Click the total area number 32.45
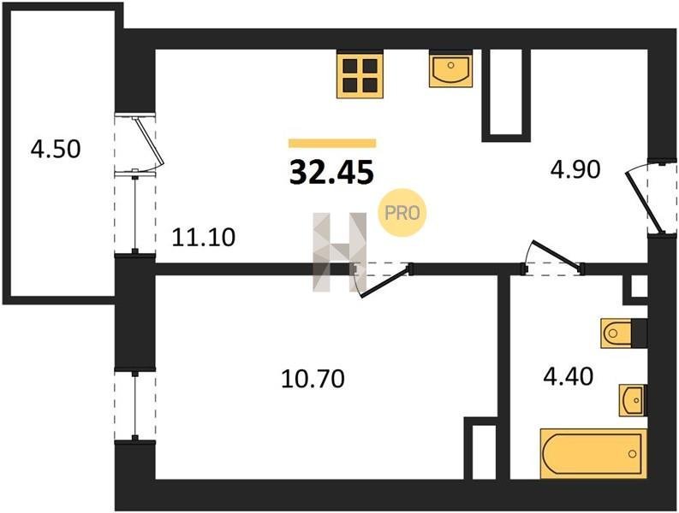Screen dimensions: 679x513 pyautogui.click(x=331, y=172)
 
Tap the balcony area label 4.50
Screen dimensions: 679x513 pyautogui.click(x=56, y=150)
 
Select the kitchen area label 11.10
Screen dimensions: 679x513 pyautogui.click(x=204, y=238)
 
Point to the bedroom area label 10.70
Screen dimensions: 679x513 pyautogui.click(x=313, y=379)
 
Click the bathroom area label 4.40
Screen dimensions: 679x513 pyautogui.click(x=569, y=376)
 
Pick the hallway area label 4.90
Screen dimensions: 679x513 pyautogui.click(x=575, y=169)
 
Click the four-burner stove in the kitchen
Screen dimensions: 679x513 pyautogui.click(x=360, y=75)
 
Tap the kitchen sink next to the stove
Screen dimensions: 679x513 pyautogui.click(x=450, y=69)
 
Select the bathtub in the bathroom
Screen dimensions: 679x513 pyautogui.click(x=593, y=454)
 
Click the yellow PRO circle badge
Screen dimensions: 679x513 pyautogui.click(x=402, y=213)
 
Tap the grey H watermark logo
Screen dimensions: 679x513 pyautogui.click(x=340, y=251)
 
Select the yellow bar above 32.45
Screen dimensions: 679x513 pyautogui.click(x=332, y=143)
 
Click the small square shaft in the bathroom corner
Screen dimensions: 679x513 pyautogui.click(x=639, y=286)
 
